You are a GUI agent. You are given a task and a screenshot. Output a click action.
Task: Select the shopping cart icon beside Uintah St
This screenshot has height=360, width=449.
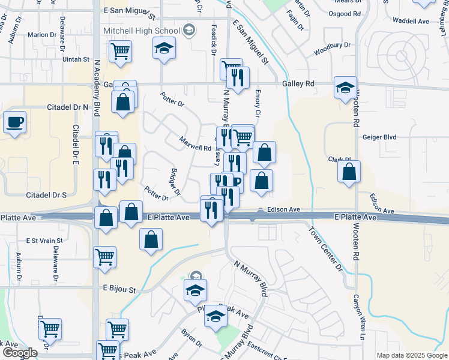point(120,52)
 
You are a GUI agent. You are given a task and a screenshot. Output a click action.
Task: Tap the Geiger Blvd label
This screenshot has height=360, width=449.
point(380,137)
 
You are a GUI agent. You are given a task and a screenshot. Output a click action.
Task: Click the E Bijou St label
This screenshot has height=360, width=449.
point(119,289)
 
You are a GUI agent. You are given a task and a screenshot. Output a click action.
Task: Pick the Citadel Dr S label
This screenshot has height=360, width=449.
point(46,195)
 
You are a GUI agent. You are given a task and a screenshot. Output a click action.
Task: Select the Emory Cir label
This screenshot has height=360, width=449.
point(258,103)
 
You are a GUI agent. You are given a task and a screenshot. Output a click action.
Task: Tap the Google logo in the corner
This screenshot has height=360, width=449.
point(19,353)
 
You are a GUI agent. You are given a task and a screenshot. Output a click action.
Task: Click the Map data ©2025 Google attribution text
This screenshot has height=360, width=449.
point(412,355)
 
